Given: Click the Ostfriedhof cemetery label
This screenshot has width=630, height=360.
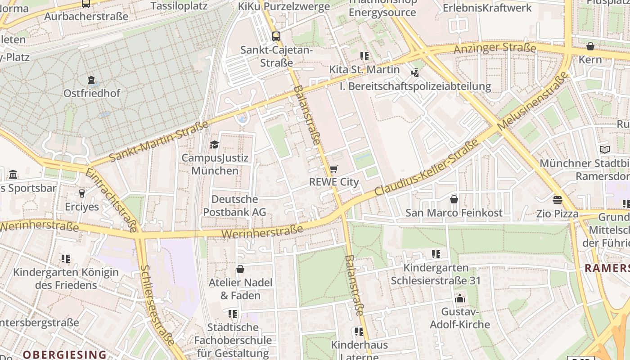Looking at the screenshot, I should tap(92, 93).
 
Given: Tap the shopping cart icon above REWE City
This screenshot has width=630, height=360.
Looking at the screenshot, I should tap(333, 169).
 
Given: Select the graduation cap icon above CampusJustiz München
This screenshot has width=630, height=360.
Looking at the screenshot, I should tap(215, 145).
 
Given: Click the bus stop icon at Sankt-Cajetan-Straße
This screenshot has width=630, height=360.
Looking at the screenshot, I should tap(276, 36).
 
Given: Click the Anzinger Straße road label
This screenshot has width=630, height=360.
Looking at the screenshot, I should tap(495, 48).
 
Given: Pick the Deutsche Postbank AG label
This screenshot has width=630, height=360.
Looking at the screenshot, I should tap(234, 206).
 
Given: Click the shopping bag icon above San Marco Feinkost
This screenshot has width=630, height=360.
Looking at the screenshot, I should tap(454, 199).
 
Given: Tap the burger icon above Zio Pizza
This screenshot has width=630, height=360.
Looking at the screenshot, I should tap(558, 200).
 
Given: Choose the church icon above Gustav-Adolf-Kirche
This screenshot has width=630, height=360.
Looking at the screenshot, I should tap(459, 298).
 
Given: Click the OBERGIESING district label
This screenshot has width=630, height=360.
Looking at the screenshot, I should tap(64, 354).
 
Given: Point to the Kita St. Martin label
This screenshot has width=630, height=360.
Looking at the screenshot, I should tap(364, 70).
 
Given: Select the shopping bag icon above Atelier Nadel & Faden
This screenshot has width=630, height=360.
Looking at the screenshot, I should tap(240, 269).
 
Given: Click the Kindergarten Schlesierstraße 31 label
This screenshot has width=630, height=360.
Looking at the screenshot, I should tap(436, 274).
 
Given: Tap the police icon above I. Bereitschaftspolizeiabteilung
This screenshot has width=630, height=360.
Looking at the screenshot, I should tap(415, 72).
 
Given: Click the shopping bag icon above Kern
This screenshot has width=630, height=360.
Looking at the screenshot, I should tap(590, 46).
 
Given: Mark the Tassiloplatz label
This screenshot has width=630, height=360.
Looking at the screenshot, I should tap(179, 6).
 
